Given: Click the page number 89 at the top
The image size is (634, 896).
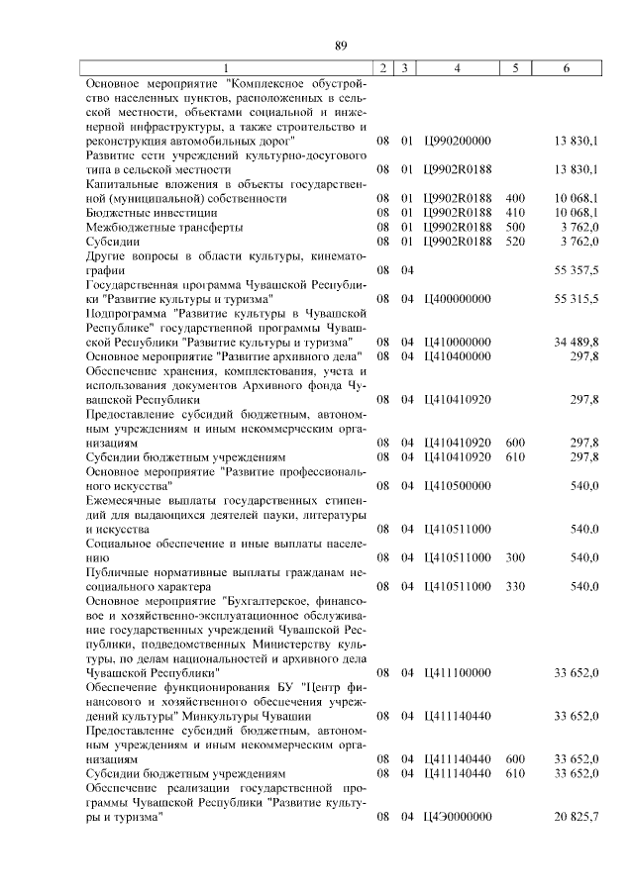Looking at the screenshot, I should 341,46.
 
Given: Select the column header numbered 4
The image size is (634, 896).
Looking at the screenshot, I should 457,68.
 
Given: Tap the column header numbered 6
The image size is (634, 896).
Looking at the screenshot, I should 566,68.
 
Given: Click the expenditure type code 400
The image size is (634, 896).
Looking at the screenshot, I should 514,198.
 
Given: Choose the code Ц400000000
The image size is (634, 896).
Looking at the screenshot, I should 457,297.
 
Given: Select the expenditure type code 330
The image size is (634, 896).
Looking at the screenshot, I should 514,586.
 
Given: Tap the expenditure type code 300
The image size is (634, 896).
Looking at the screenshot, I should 514,557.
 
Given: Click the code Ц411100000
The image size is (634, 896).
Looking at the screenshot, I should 457,672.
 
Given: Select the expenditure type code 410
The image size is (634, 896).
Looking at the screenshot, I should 514,212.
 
